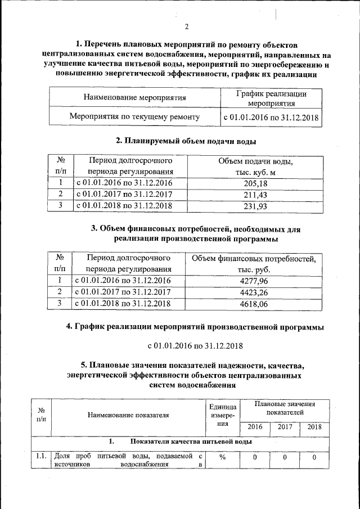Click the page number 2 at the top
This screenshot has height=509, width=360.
tap(187, 26)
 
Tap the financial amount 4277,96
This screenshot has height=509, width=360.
tap(254, 280)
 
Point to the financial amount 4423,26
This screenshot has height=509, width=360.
tap(254, 292)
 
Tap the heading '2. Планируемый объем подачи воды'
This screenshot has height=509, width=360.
tap(187, 141)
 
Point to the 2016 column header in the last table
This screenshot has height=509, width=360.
tap(255, 427)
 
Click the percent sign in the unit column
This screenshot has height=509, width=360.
tap(222, 457)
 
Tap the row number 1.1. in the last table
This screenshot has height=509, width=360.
tap(40, 456)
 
